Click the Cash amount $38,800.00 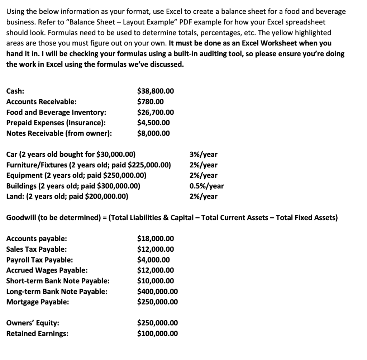pyautogui.click(x=156, y=91)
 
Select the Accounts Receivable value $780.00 pyautogui.click(x=151, y=102)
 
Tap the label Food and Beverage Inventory pyautogui.click(x=56, y=112)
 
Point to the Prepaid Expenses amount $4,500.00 pyautogui.click(x=154, y=123)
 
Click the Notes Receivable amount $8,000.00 pyautogui.click(x=154, y=133)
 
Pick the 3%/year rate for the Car pyautogui.click(x=203, y=155)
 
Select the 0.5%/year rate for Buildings pyautogui.click(x=206, y=186)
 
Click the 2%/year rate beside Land pyautogui.click(x=203, y=196)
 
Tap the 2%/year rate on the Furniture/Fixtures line pyautogui.click(x=203, y=165)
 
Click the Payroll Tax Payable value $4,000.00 pyautogui.click(x=154, y=260)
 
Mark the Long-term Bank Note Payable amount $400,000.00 pyautogui.click(x=158, y=292)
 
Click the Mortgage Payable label pyautogui.click(x=38, y=302)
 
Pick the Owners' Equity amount pyautogui.click(x=158, y=323)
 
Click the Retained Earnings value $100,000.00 pyautogui.click(x=158, y=333)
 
